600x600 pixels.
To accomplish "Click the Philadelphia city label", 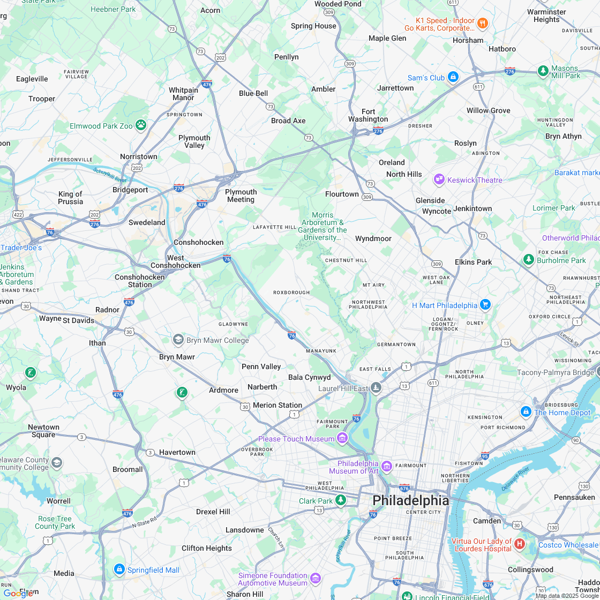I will pos(410,500).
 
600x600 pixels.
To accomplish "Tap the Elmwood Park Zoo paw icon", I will pos(141,125).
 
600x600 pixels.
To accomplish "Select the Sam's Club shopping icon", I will pos(453,77).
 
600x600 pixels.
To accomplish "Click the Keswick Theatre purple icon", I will pos(439,179).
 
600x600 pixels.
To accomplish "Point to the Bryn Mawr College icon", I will pos(178,340).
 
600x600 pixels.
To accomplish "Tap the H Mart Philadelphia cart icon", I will pos(485,305).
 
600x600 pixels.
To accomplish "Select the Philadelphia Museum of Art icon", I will pos(387,467).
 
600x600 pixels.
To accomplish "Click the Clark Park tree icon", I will pos(341,500).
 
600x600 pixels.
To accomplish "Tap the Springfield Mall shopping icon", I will pos(119,569).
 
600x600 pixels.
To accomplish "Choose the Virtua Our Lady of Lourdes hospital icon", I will pos(519,544).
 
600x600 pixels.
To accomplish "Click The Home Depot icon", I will pos(526,412).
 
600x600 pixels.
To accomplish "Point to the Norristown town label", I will pos(139,156).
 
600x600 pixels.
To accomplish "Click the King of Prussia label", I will pos(71,198).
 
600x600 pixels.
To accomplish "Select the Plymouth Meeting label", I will pos(241,196).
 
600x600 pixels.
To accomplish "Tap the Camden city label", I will pos(487,521).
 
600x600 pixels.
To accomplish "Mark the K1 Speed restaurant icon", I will pos(483,23).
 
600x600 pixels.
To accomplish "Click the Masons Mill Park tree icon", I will pos(543,71).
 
